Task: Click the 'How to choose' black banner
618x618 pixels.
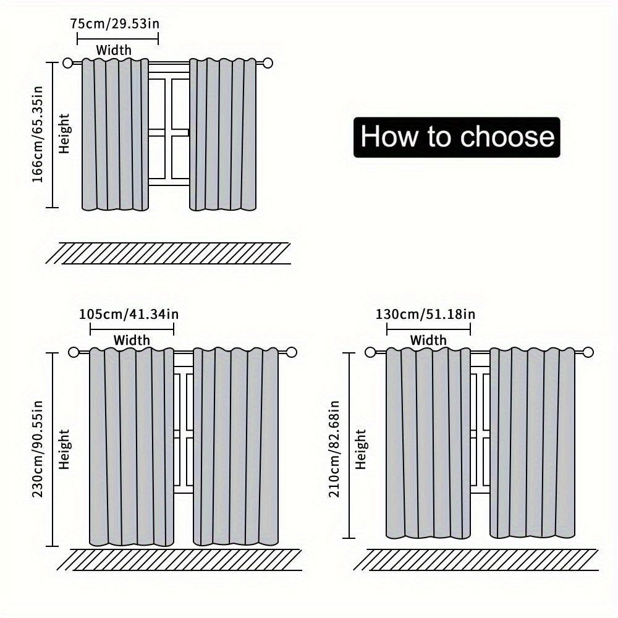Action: click(x=457, y=137)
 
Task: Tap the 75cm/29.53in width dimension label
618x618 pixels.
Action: click(x=115, y=23)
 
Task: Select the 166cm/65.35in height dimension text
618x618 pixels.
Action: click(x=38, y=134)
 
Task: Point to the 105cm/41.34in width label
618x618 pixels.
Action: click(x=129, y=314)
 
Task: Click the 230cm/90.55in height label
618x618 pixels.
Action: click(x=38, y=449)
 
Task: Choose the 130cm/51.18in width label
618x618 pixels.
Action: click(x=425, y=314)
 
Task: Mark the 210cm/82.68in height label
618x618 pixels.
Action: click(x=334, y=449)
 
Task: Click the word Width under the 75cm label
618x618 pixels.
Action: click(x=114, y=51)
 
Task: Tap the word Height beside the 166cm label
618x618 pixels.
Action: click(x=64, y=133)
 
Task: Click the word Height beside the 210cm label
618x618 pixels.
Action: click(x=361, y=449)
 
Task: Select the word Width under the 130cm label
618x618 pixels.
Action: click(x=428, y=340)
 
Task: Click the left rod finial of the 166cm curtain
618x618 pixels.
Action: click(x=68, y=63)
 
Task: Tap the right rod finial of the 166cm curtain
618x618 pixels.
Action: click(x=268, y=63)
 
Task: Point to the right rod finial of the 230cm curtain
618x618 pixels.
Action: click(x=291, y=352)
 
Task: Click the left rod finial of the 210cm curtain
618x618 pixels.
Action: click(x=370, y=352)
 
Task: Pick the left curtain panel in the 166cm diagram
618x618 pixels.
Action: click(x=115, y=134)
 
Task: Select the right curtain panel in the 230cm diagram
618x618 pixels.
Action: click(x=235, y=447)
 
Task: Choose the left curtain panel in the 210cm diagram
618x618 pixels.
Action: click(x=428, y=443)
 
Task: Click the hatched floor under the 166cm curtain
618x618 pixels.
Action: click(x=168, y=253)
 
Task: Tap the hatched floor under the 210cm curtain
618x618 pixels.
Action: click(x=476, y=560)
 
